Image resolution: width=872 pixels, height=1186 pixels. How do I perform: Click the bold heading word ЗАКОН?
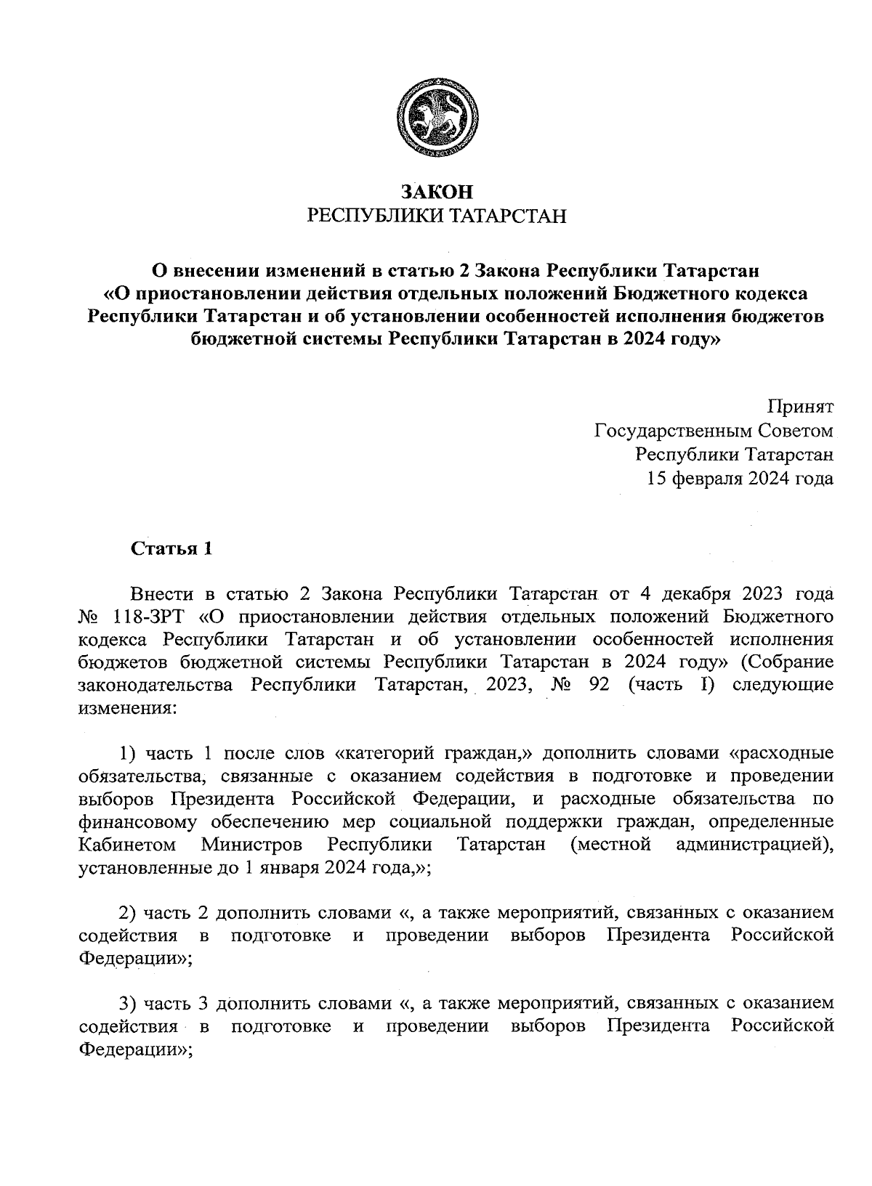coord(437,192)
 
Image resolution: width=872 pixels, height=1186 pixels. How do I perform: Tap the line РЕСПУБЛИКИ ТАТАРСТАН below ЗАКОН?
coord(437,216)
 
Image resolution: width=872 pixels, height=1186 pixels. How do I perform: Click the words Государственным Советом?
coord(714,431)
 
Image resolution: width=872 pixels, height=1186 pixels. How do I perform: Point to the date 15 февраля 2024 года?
coord(740,479)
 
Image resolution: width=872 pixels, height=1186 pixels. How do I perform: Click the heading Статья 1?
coord(171,549)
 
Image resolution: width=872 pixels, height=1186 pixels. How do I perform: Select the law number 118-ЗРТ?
coord(151,617)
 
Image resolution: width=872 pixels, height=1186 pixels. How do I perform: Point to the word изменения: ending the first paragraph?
coord(127,709)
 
